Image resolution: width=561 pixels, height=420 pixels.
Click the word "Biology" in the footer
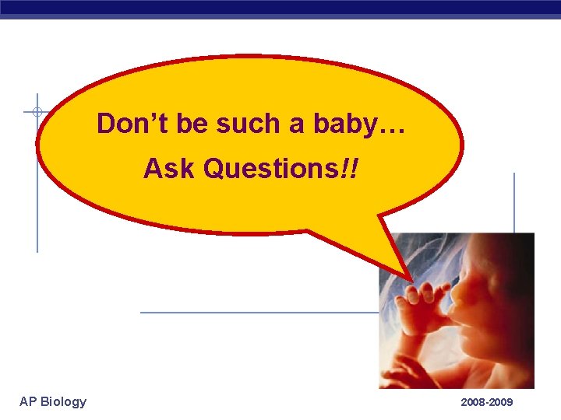pos(63,401)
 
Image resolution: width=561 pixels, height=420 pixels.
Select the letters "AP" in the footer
pos(28,401)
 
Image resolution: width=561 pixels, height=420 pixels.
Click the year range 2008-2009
pos(487,402)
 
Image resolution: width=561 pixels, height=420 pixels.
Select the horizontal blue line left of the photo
pos(257,313)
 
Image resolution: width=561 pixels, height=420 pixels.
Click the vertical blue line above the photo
pos(514,202)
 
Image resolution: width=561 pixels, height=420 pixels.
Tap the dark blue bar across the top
pos(280,8)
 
